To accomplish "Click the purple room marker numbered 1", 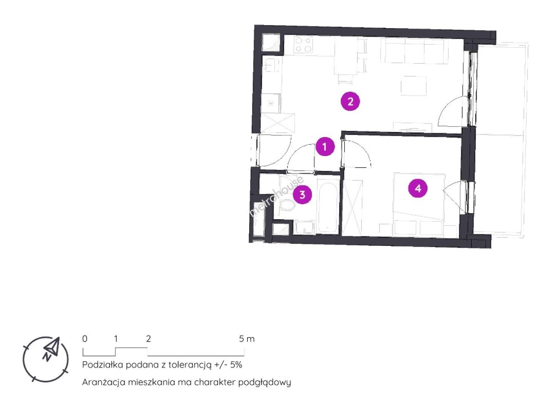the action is (325, 147).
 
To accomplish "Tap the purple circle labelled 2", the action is (350, 101).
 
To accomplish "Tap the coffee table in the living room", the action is (414, 86).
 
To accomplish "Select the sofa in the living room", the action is (414, 51).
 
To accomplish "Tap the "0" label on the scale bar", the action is (85, 339).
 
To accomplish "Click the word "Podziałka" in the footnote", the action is (103, 365).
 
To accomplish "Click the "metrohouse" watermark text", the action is (276, 195).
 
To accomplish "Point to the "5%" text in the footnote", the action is (236, 365).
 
